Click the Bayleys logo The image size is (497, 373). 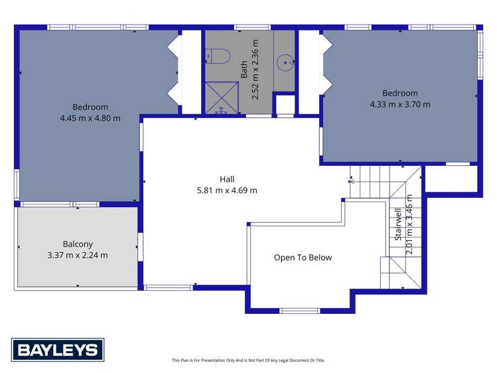click(58, 349)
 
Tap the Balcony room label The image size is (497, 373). click(78, 244)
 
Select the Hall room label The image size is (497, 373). click(227, 179)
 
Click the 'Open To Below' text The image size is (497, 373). click(303, 258)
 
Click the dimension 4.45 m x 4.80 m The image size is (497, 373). click(90, 118)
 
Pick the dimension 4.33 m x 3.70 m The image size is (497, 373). click(399, 104)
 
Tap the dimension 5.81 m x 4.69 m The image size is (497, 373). click(227, 190)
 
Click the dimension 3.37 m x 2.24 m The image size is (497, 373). click(78, 255)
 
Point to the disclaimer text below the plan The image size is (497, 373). click(248, 360)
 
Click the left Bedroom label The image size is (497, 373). click(90, 107)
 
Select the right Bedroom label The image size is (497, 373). click(399, 93)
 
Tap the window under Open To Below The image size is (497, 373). click(299, 310)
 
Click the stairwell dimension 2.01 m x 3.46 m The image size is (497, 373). click(410, 224)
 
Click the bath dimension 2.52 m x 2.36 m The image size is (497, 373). click(255, 69)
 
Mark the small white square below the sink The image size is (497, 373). click(285, 105)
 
